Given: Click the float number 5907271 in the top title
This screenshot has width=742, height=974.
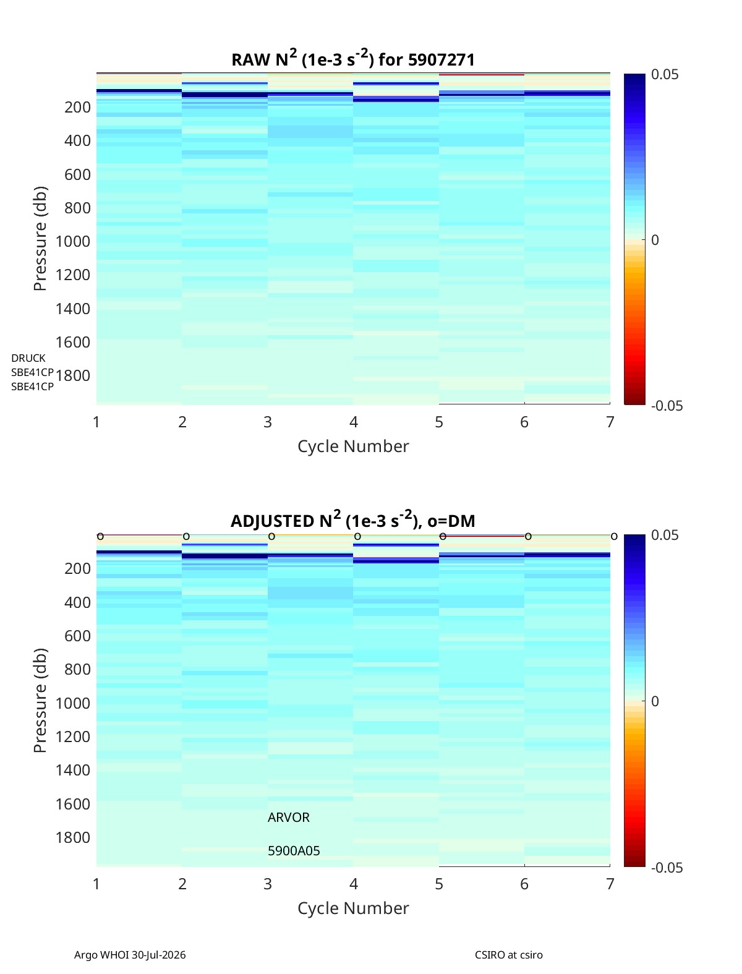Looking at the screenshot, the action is click(441, 60).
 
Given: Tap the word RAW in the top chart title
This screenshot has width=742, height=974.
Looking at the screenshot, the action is click(250, 60).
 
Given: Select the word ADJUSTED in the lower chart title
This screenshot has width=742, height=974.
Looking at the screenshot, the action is click(272, 521).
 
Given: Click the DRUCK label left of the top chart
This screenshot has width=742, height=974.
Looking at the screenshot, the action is click(28, 358).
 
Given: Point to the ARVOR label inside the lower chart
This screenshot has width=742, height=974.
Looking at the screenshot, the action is click(288, 818).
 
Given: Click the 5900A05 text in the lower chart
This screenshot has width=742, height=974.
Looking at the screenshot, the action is click(294, 851).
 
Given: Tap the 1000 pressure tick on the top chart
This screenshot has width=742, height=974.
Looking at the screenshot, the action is click(73, 241).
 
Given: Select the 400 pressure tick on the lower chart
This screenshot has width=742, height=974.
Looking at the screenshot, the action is click(77, 602).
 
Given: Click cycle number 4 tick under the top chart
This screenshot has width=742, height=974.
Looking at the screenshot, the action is click(354, 422).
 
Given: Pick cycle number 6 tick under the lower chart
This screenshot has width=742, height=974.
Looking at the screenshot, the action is click(524, 884).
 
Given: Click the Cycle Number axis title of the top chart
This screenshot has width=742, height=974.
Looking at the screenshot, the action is click(353, 446).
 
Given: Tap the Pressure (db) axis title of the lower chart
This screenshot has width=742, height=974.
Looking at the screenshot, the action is click(40, 701).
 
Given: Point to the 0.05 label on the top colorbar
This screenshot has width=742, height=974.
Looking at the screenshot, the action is click(665, 75).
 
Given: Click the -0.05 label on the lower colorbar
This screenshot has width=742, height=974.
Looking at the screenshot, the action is click(667, 868).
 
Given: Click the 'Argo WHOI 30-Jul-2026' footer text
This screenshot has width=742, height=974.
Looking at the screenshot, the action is click(130, 951).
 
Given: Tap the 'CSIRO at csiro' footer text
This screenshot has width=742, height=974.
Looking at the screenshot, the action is click(509, 951).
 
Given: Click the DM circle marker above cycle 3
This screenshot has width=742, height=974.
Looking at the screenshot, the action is click(272, 537).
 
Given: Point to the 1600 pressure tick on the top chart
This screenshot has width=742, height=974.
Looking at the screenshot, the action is click(73, 342).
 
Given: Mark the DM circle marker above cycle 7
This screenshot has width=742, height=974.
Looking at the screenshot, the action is click(614, 537).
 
